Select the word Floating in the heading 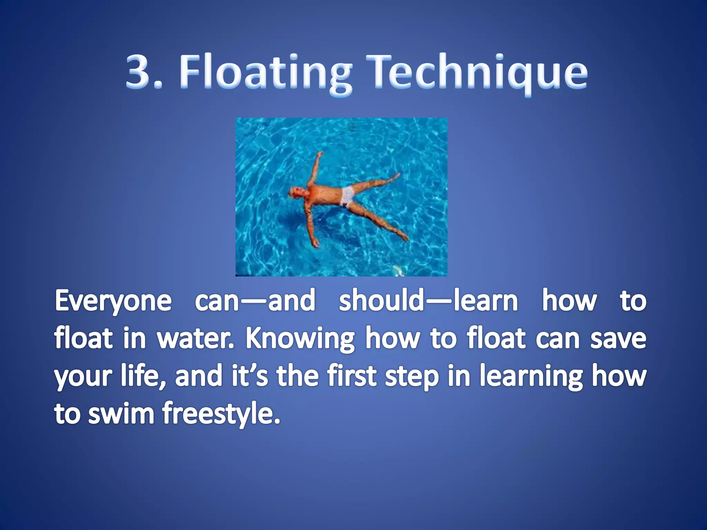coord(266,73)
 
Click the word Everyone coord(113,301)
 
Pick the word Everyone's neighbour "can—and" coord(255,301)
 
